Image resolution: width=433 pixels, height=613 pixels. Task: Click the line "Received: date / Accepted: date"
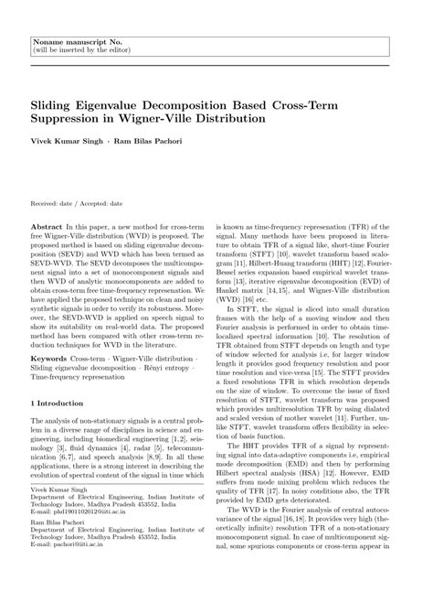pos(77,204)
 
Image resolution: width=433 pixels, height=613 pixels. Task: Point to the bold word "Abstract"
pos(47,224)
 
